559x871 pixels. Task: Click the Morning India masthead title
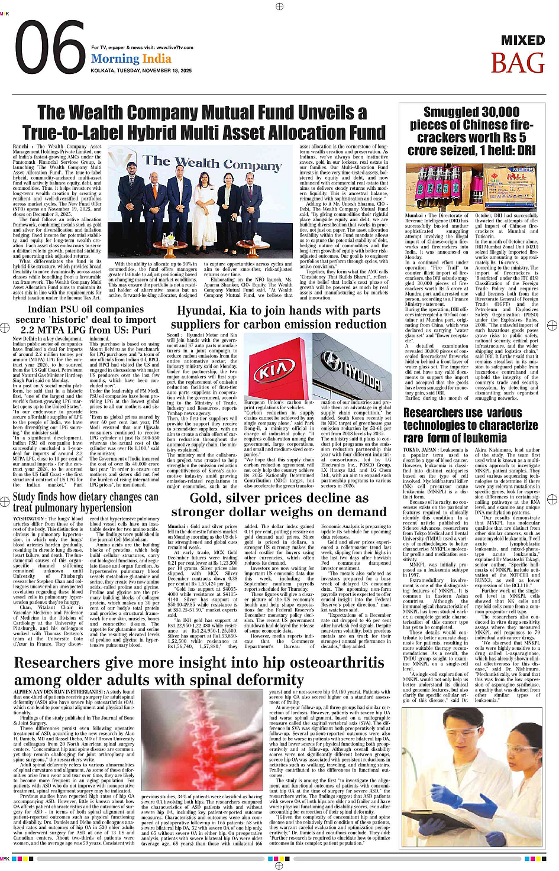[x=131, y=59]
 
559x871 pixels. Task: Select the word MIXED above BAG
[x=522, y=41]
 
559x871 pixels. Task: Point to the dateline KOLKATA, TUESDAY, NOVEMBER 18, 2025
[x=141, y=70]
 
